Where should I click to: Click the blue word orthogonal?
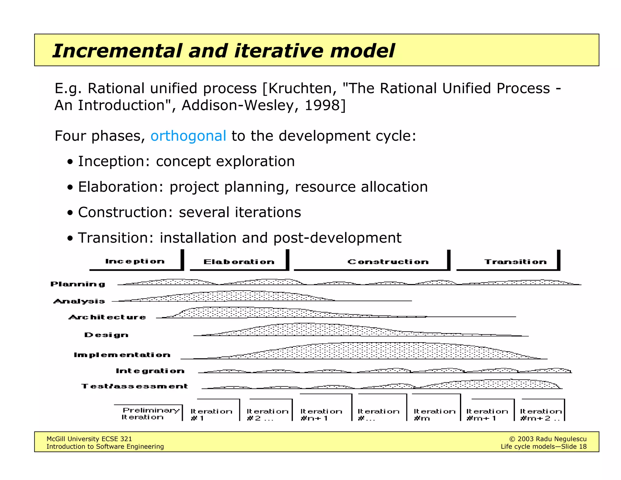pyautogui.click(x=188, y=136)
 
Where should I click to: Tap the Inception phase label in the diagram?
pyautogui.click(x=135, y=262)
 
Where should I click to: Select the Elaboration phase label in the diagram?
pyautogui.click(x=239, y=262)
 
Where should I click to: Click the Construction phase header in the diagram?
pyautogui.click(x=388, y=262)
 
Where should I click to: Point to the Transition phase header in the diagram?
pyautogui.click(x=515, y=262)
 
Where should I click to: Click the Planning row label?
pyautogui.click(x=78, y=284)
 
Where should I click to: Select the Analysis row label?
pyautogui.click(x=79, y=301)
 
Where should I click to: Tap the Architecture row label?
pyautogui.click(x=107, y=317)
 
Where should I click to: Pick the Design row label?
pyautogui.click(x=106, y=335)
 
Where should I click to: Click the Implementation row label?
pyautogui.click(x=122, y=355)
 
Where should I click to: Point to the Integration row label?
pyautogui.click(x=150, y=371)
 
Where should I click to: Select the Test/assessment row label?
pyautogui.click(x=135, y=386)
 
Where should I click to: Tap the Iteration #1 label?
pyautogui.click(x=211, y=414)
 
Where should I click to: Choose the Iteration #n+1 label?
pyautogui.click(x=321, y=414)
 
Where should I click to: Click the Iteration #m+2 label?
pyautogui.click(x=541, y=414)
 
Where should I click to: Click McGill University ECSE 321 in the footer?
pyautogui.click(x=89, y=439)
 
